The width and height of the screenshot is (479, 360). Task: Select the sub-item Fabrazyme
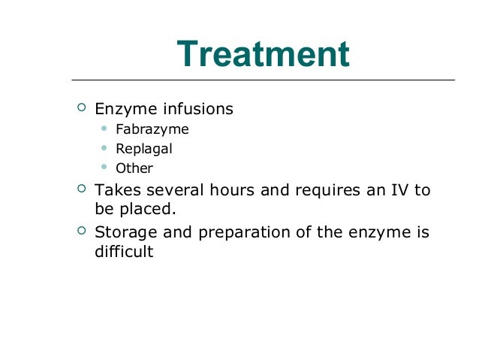pos(152,129)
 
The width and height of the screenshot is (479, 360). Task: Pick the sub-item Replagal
pos(143,149)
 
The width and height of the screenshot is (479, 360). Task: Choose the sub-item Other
pos(134,168)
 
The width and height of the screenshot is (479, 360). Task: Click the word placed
pos(146,209)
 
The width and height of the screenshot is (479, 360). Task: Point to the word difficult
pos(124,251)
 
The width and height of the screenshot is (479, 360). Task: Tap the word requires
pos(324,189)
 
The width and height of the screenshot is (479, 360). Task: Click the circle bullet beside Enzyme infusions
pos(81,108)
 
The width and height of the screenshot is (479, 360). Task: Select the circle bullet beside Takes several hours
pos(81,189)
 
